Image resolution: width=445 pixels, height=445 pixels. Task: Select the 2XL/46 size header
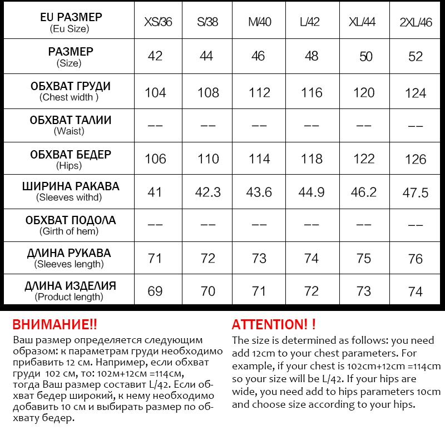416,23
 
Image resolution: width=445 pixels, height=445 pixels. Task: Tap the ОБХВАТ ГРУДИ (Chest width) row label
70,91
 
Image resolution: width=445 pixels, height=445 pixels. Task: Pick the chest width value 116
311,92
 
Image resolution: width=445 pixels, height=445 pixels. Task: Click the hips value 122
364,159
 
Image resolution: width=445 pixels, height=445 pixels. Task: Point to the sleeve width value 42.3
208,192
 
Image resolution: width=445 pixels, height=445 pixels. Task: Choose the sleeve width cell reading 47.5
416,192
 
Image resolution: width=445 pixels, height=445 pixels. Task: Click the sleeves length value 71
155,258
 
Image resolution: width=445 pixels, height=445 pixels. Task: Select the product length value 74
416,291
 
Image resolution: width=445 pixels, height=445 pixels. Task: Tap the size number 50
365,57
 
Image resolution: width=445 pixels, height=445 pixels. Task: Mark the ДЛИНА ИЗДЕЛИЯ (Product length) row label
70,291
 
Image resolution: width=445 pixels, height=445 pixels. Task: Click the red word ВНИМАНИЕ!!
55,325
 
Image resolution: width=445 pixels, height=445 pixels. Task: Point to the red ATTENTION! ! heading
274,325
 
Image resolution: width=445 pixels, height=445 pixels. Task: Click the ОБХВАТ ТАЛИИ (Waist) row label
70,125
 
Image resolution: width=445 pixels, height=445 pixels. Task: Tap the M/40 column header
260,23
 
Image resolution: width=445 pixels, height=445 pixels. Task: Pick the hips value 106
155,159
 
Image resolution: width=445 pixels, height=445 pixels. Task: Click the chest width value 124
416,93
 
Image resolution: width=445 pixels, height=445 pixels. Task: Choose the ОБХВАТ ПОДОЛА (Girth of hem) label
70,225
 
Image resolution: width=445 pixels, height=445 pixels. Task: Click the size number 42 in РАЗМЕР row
155,56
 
